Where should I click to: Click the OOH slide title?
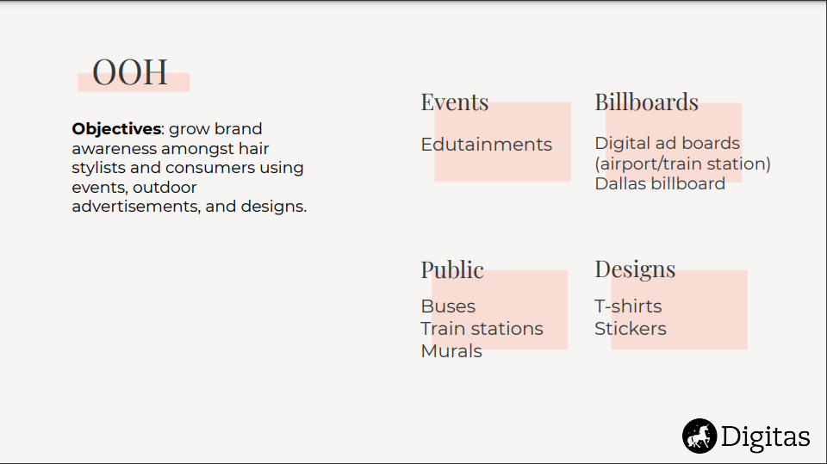[x=130, y=72]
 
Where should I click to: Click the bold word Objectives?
[x=116, y=128]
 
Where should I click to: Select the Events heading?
[x=455, y=102]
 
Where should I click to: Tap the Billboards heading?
[x=647, y=102]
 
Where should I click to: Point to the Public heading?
[x=452, y=270]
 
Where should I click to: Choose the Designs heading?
[x=635, y=269]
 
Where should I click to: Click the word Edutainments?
[x=486, y=145]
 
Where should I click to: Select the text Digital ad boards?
[x=667, y=143]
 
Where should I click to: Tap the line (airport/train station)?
[x=682, y=164]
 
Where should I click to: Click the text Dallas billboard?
[x=660, y=183]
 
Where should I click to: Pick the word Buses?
[x=448, y=306]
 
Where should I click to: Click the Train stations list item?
[x=482, y=329]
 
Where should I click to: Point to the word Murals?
[x=451, y=351]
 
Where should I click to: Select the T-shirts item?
[x=628, y=306]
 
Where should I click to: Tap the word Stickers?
[x=631, y=329]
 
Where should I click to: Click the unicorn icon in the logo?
[x=700, y=436]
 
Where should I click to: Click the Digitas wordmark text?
[x=765, y=437]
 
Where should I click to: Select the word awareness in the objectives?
[x=115, y=149]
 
